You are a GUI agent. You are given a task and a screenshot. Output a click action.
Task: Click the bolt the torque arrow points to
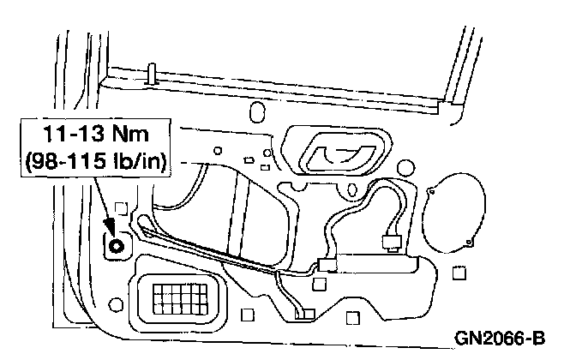pos(115,246)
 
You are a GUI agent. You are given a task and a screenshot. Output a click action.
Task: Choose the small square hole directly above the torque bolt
pos(120,206)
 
